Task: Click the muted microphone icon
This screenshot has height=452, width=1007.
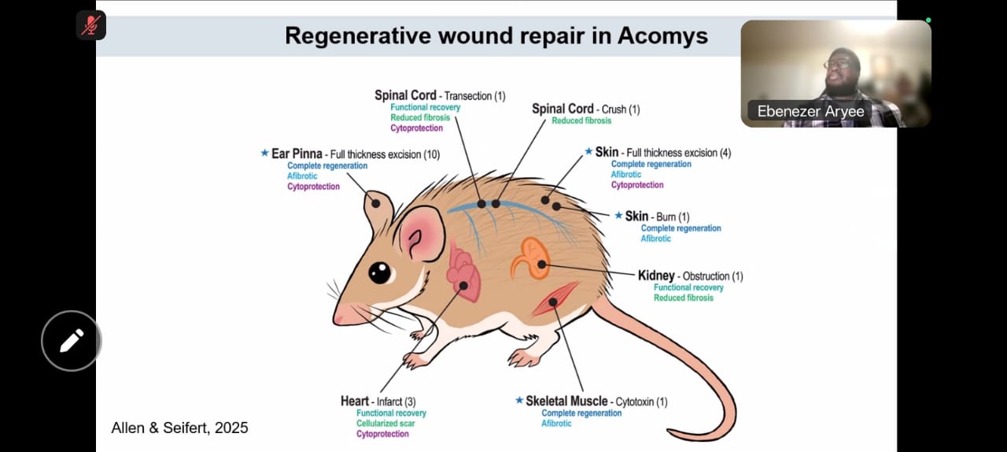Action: pos(91,25)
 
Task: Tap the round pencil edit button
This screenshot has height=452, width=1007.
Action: pos(71,341)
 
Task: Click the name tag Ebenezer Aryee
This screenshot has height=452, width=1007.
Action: pos(810,111)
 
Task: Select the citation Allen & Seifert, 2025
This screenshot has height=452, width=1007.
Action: pos(179,428)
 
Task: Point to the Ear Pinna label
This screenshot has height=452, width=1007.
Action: pos(297,154)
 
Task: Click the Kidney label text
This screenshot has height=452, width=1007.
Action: pos(656,276)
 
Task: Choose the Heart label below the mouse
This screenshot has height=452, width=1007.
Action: pos(354,402)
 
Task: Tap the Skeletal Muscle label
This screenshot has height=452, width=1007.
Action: pos(566,402)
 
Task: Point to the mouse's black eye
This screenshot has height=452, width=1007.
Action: pos(380,272)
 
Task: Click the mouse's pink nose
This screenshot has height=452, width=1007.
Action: pos(340,317)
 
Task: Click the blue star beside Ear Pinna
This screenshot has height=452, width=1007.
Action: pos(264,153)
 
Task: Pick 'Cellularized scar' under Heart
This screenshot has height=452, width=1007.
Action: pos(385,424)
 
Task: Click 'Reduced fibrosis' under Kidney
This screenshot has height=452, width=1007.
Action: pos(683,298)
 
